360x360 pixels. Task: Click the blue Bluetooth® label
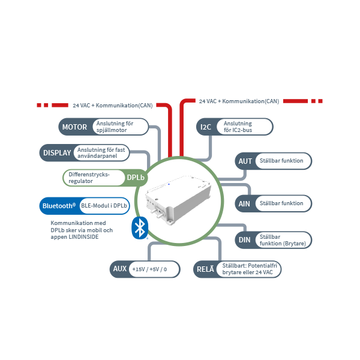58,206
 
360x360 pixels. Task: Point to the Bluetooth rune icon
140,227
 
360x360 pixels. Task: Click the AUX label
119,269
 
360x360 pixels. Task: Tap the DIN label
245,240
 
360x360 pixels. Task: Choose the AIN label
245,203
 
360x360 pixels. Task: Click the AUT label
245,161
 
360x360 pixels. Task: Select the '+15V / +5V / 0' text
149,269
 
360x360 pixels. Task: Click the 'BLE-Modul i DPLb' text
104,206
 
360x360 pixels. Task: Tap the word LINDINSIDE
82,237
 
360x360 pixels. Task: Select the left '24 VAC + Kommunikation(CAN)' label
113,105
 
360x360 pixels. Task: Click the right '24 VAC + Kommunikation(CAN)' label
239,101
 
